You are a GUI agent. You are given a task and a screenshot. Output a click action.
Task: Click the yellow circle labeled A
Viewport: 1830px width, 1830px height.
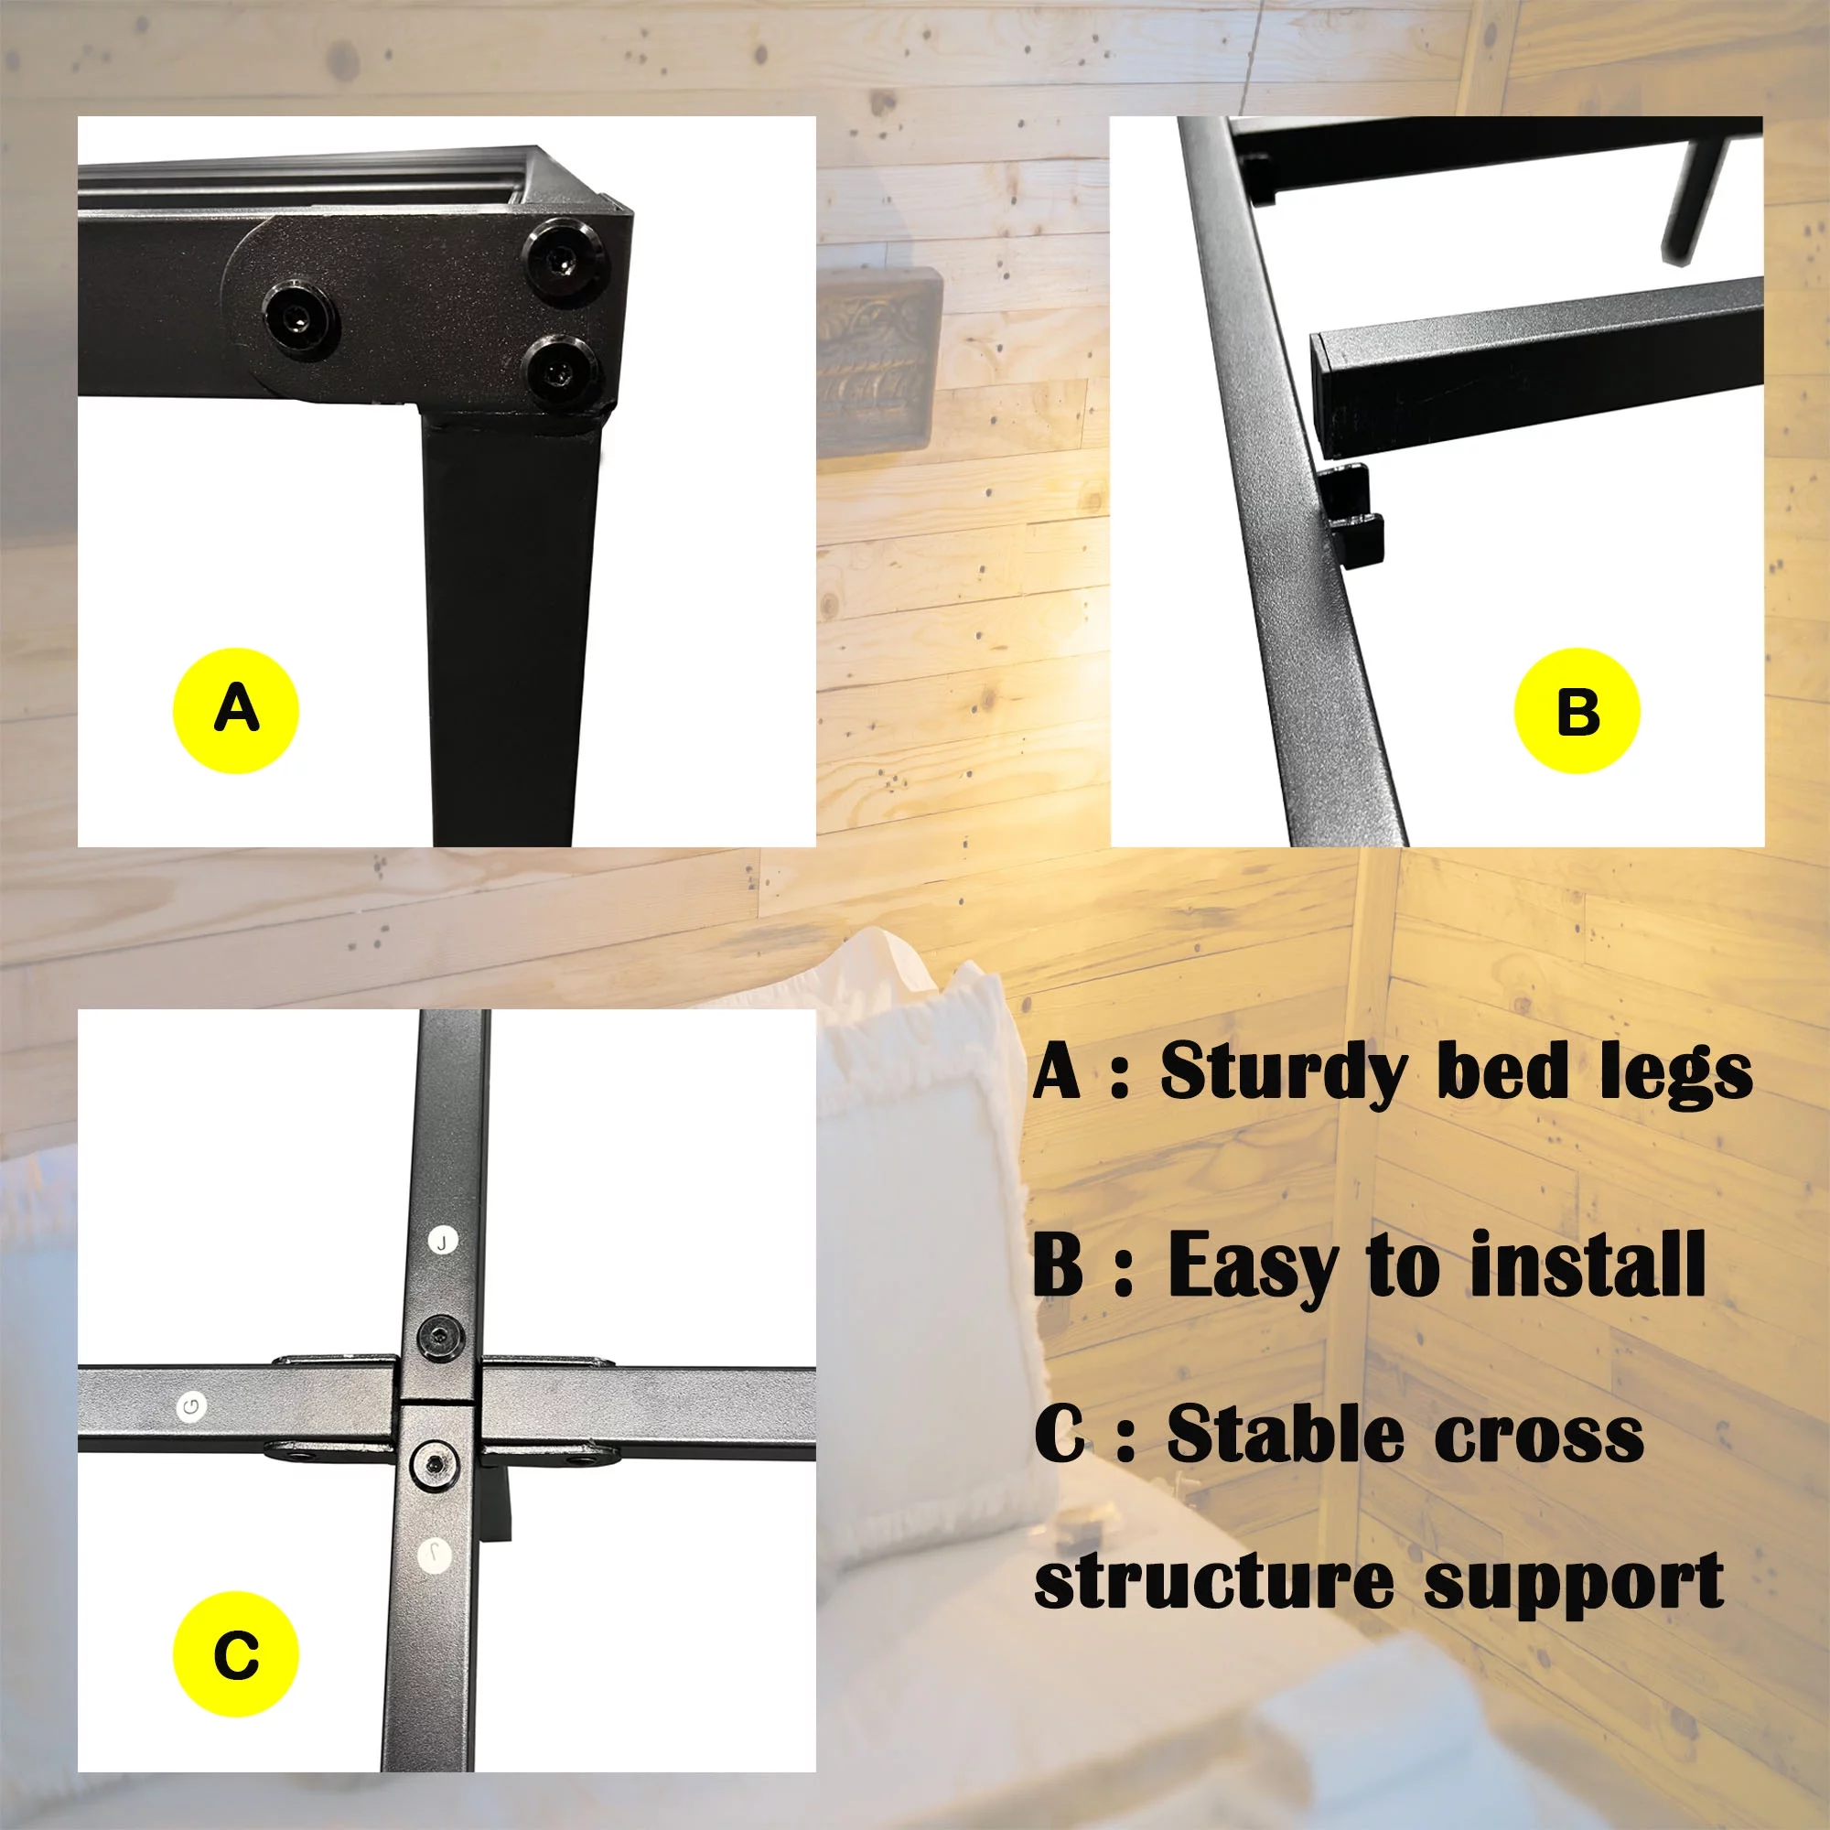tap(236, 710)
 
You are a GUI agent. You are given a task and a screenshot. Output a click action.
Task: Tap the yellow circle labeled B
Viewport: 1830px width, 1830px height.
tap(1577, 710)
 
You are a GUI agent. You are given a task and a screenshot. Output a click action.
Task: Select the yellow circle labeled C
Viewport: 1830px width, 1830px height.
tap(236, 1653)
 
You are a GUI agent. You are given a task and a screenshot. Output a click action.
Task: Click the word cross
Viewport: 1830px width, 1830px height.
tap(1540, 1437)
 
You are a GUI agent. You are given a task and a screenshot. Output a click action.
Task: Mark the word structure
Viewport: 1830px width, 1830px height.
tap(1213, 1581)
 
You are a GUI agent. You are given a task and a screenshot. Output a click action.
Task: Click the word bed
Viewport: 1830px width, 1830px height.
tap(1502, 1071)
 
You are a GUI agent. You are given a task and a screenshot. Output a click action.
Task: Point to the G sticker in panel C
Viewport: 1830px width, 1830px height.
tap(192, 1406)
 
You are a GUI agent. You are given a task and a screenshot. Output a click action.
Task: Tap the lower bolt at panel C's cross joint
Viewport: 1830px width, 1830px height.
tap(435, 1464)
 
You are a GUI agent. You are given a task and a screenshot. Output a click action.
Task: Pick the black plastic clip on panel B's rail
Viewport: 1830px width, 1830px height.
tap(1351, 516)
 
